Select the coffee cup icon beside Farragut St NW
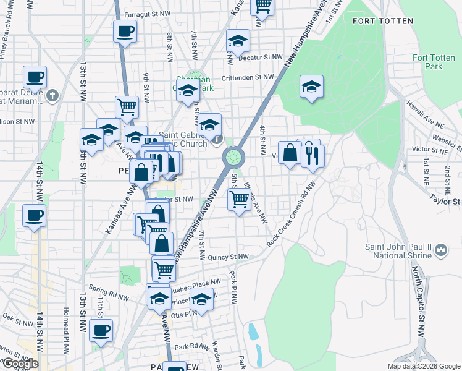click(x=125, y=32)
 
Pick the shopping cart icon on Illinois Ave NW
click(x=239, y=200)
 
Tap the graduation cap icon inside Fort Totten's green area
click(x=312, y=87)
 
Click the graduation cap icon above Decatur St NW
click(x=238, y=41)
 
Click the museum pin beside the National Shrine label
click(x=441, y=249)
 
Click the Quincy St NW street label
click(x=228, y=257)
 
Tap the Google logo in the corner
click(x=20, y=364)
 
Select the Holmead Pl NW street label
click(x=67, y=330)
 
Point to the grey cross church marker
click(x=52, y=96)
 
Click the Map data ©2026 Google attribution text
click(x=424, y=366)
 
